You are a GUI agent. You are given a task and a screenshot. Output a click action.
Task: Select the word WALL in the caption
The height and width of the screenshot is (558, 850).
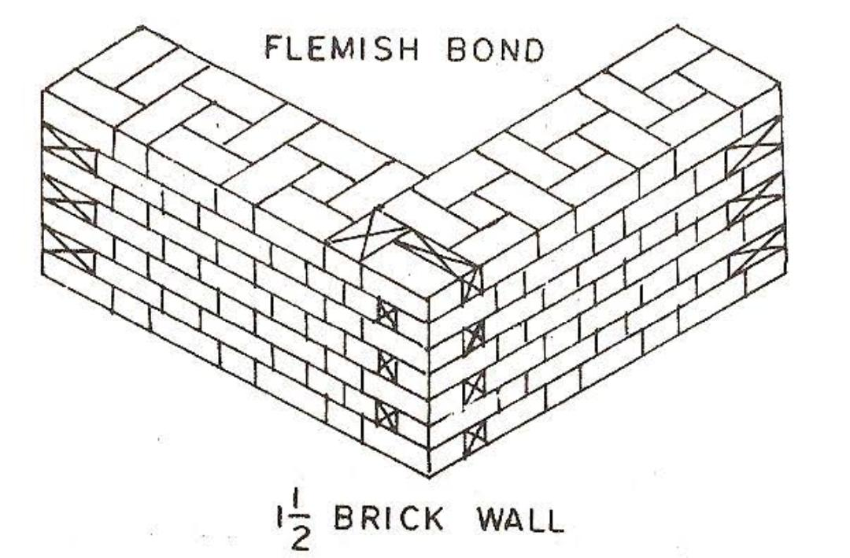(520, 520)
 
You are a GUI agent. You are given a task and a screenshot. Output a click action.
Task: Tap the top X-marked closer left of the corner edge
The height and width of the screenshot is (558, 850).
(386, 313)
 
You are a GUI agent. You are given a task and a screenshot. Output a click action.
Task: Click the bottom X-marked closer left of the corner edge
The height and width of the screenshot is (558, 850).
(386, 412)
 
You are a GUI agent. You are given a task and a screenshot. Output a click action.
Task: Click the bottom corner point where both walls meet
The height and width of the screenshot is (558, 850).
(429, 475)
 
